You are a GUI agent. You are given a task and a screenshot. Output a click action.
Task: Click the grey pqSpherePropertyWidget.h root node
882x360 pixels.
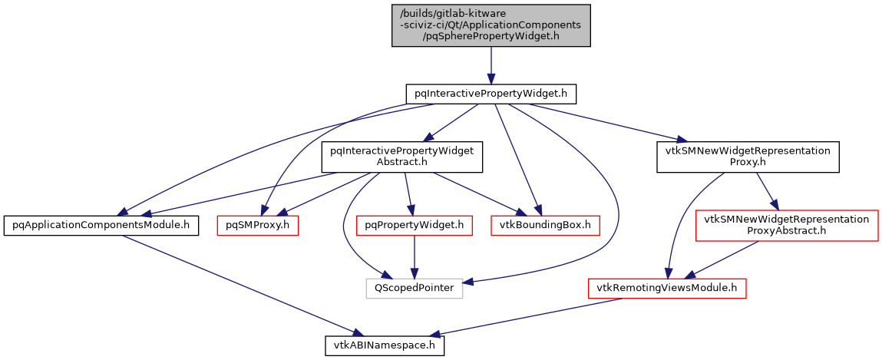(x=491, y=25)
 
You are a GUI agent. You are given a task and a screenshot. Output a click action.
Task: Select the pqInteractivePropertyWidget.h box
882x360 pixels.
(x=491, y=94)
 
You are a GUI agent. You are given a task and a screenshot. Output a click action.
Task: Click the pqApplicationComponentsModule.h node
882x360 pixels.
(x=101, y=225)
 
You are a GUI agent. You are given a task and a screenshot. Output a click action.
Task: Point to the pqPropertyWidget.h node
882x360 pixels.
(x=415, y=225)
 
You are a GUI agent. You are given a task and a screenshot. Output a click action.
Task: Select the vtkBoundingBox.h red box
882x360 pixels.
(x=545, y=225)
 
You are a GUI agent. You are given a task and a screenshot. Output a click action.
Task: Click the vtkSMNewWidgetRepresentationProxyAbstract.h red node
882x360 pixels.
(x=787, y=225)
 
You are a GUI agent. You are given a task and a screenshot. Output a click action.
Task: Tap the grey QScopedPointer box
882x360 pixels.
(x=414, y=288)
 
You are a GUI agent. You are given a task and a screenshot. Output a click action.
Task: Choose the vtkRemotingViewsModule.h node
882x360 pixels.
(x=667, y=288)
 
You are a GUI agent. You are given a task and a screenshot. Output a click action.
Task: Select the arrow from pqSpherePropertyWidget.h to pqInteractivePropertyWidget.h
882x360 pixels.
(x=491, y=65)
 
